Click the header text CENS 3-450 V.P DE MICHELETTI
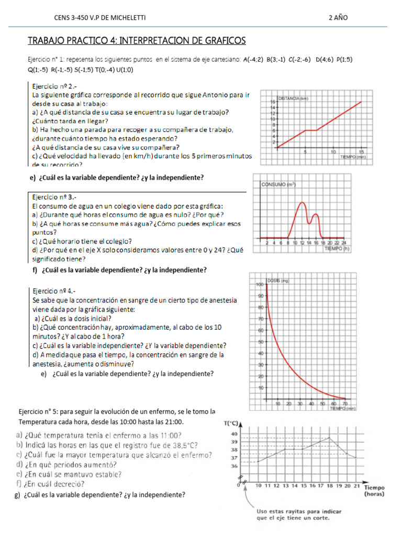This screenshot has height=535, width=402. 99,18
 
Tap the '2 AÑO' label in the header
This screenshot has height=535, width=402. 338,18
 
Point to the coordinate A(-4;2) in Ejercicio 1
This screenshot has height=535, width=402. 253,60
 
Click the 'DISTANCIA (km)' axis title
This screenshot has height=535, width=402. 295,98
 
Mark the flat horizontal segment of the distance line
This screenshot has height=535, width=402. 311,130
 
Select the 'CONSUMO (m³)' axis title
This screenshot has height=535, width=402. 278,184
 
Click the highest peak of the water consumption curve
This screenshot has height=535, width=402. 301,203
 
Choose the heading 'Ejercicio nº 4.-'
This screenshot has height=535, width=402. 57,290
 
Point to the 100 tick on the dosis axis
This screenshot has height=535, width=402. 259,285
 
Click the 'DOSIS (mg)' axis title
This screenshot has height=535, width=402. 278,281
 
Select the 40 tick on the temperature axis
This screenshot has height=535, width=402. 234,434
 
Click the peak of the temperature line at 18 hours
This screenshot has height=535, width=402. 328,438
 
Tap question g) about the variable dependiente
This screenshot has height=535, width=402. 99,495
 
